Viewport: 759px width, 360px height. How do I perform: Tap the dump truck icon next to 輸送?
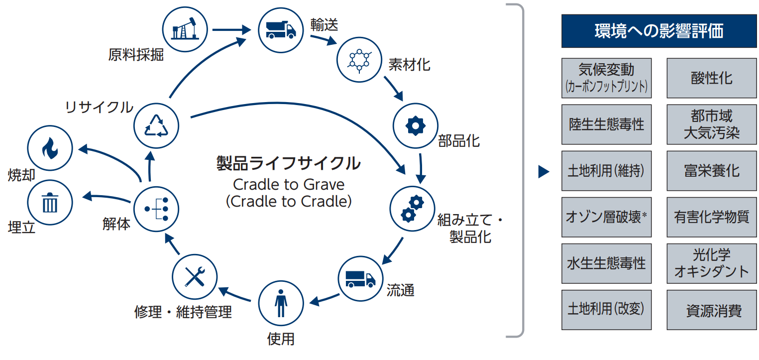(x=280, y=30)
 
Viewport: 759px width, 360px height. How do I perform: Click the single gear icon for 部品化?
(x=415, y=126)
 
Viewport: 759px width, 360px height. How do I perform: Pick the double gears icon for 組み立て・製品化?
(x=412, y=209)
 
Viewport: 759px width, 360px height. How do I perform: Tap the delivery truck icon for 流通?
(x=360, y=278)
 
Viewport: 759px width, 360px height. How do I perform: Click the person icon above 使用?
(x=281, y=303)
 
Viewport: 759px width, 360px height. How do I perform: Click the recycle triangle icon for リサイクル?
(x=157, y=125)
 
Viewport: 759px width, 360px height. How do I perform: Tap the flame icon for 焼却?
(x=50, y=148)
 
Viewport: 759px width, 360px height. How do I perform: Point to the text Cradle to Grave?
(x=289, y=185)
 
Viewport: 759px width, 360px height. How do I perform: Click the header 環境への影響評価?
(x=659, y=31)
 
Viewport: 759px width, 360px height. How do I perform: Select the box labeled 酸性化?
(x=712, y=78)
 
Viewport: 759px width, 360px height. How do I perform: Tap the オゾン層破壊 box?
(x=606, y=217)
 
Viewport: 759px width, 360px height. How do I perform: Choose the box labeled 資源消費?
(x=712, y=310)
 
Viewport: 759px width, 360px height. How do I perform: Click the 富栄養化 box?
(x=712, y=171)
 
